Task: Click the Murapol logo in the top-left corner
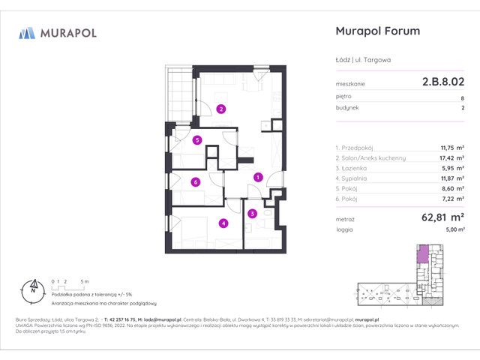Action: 57,33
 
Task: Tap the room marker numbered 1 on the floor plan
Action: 258,178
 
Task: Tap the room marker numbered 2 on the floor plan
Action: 220,109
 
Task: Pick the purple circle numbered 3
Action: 253,214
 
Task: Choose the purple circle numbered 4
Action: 223,223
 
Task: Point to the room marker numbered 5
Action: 196,140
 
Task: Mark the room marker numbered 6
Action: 195,181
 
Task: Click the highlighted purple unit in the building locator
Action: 423,255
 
